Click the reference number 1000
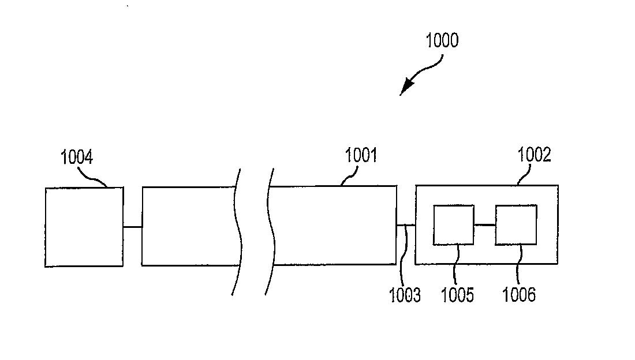[x=442, y=41]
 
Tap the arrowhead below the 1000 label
[x=406, y=87]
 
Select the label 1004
[x=77, y=157]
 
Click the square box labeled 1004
[x=84, y=227]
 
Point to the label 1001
[x=361, y=156]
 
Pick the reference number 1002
[x=534, y=155]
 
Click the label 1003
[x=405, y=295]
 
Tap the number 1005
[x=457, y=295]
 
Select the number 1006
[x=519, y=295]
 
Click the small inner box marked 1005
[x=454, y=224]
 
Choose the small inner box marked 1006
[x=516, y=224]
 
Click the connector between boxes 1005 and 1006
[x=484, y=224]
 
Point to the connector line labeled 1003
[x=406, y=225]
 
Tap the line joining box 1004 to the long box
[x=132, y=227]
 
